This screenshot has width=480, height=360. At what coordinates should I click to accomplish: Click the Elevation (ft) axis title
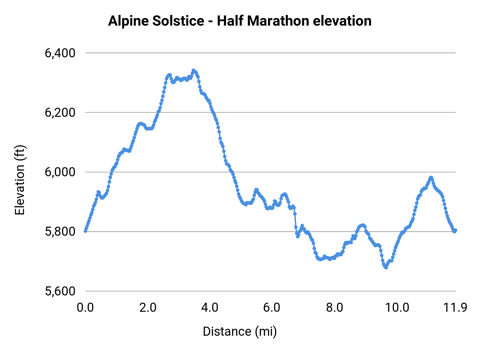[x=20, y=180]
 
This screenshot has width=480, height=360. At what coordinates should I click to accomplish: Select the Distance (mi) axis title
[x=240, y=331]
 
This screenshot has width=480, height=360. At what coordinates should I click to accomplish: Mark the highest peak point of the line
[x=193, y=70]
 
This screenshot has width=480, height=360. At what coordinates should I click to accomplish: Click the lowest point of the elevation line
[x=386, y=267]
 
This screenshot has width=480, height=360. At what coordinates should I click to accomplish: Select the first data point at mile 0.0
[x=85, y=231]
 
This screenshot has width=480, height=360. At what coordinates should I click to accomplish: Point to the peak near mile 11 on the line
[x=430, y=178]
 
